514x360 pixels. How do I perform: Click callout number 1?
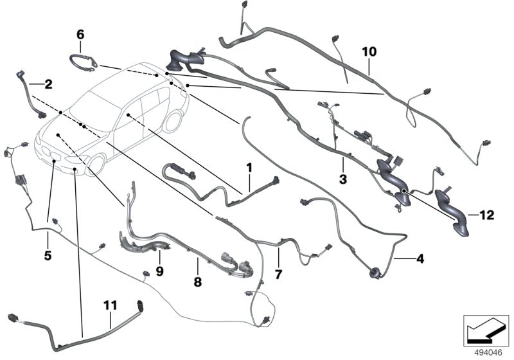(x=248, y=168)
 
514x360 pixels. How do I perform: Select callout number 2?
(x=48, y=83)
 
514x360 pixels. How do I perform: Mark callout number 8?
(x=197, y=282)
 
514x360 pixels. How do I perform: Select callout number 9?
(x=160, y=271)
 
